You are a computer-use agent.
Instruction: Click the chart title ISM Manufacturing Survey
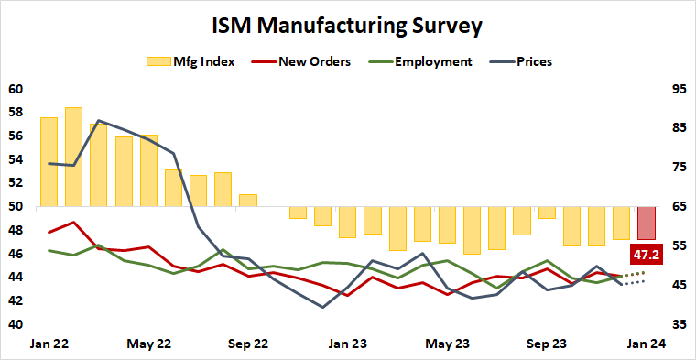[347, 25]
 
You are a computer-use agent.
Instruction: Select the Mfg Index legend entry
[190, 62]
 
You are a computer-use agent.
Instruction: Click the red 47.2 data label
[647, 254]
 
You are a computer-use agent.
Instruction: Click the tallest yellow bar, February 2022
[74, 157]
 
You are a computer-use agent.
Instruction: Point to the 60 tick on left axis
[15, 90]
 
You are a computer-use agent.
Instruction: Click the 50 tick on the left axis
[15, 207]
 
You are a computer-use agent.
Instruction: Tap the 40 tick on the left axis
[15, 324]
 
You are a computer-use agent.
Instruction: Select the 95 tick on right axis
[679, 90]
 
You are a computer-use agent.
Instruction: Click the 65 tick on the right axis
[679, 207]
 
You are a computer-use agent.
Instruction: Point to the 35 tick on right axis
[679, 324]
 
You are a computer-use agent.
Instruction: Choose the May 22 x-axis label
[147, 344]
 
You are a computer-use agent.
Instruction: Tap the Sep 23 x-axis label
[547, 344]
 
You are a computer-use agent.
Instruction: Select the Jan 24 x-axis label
[646, 344]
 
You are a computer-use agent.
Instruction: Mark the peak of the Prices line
[98, 121]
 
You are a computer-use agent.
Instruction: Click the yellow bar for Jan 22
[49, 162]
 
